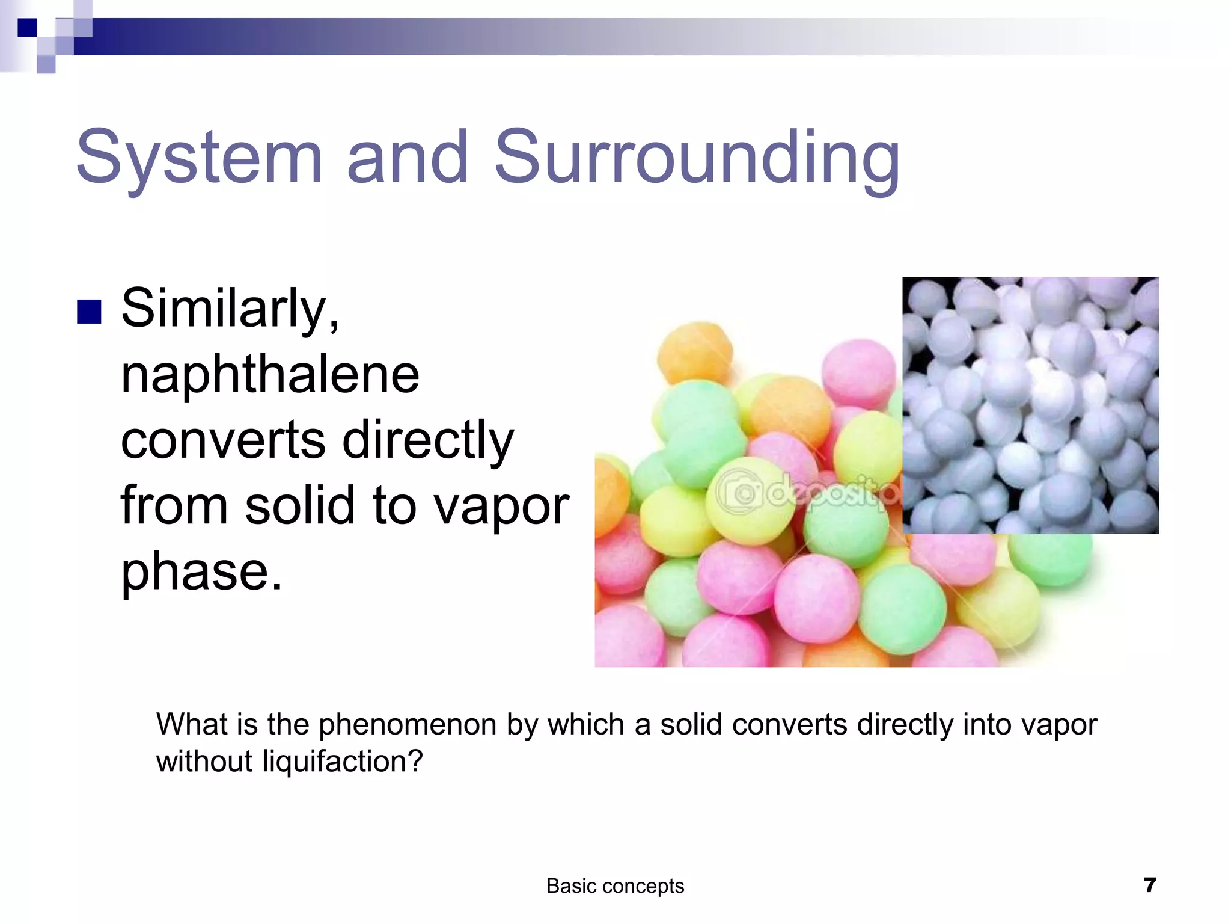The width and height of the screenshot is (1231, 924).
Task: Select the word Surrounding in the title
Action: tap(697, 158)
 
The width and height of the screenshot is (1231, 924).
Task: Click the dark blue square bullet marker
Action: tap(89, 312)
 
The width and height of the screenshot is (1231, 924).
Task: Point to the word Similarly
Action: tap(230, 309)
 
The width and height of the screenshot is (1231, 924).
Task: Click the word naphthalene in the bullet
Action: tap(270, 375)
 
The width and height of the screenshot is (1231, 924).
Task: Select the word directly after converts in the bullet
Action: tap(428, 441)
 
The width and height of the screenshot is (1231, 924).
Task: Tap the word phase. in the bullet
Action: tap(201, 572)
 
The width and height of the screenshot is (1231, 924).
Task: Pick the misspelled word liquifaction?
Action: tap(343, 762)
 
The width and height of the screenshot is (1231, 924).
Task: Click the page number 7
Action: tap(1150, 885)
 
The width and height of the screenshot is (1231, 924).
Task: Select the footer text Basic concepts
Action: tap(615, 886)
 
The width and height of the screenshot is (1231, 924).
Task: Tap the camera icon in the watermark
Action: tap(740, 490)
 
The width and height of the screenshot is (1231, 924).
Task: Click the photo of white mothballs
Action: tap(1030, 405)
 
